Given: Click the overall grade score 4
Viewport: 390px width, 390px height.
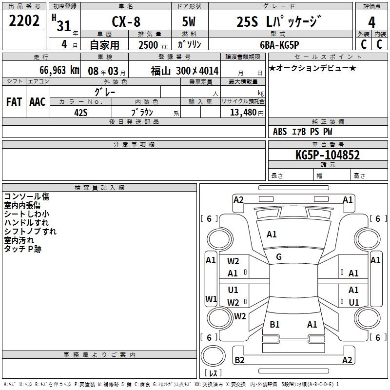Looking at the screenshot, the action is pyautogui.click(x=371, y=22).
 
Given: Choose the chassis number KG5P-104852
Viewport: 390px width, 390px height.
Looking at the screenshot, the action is pyautogui.click(x=328, y=155).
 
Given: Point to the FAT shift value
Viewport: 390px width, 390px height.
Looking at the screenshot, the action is pyautogui.click(x=14, y=102).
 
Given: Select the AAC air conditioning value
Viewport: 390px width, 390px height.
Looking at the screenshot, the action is pyautogui.click(x=38, y=102).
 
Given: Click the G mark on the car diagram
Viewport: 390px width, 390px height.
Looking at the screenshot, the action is pyautogui.click(x=279, y=257).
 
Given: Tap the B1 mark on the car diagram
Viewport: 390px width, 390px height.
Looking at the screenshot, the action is pyautogui.click(x=275, y=324).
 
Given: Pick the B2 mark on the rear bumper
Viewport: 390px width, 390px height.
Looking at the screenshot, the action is pyautogui.click(x=240, y=360).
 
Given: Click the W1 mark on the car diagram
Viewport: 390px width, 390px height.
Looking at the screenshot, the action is pyautogui.click(x=211, y=298).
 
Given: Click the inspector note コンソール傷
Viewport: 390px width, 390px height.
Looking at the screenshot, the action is pyautogui.click(x=26, y=196).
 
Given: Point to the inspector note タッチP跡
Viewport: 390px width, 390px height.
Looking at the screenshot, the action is pyautogui.click(x=23, y=249).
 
